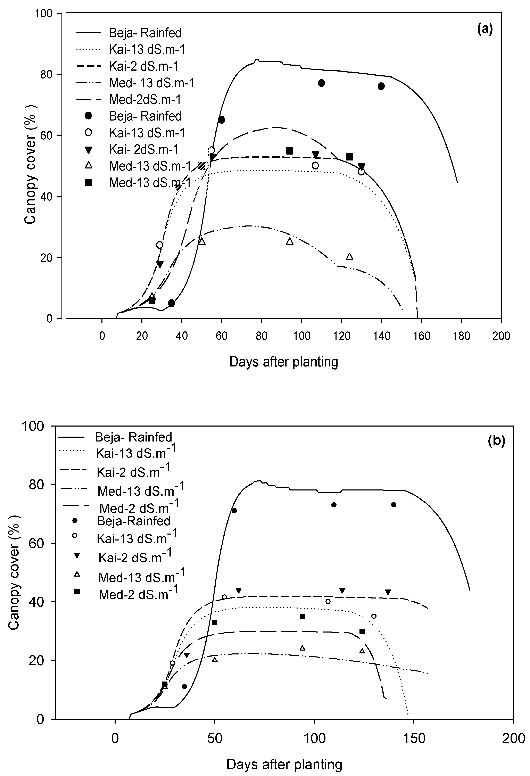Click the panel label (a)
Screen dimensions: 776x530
[x=485, y=30]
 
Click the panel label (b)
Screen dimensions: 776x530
[x=497, y=441]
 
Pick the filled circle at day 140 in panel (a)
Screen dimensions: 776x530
[x=381, y=86]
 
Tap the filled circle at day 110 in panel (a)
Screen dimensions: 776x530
[x=321, y=83]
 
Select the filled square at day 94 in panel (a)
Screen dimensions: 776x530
[x=290, y=151]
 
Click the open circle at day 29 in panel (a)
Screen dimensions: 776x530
[x=160, y=245]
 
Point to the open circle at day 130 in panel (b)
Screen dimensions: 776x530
[x=374, y=616]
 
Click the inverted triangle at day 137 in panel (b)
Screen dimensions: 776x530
[x=388, y=592]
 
